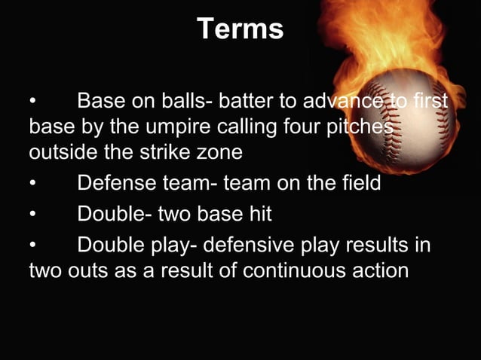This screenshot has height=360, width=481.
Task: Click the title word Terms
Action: pyautogui.click(x=240, y=29)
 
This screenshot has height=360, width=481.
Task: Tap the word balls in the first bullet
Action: pyautogui.click(x=170, y=101)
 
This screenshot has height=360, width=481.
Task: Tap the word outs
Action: pyautogui.click(x=84, y=270)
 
